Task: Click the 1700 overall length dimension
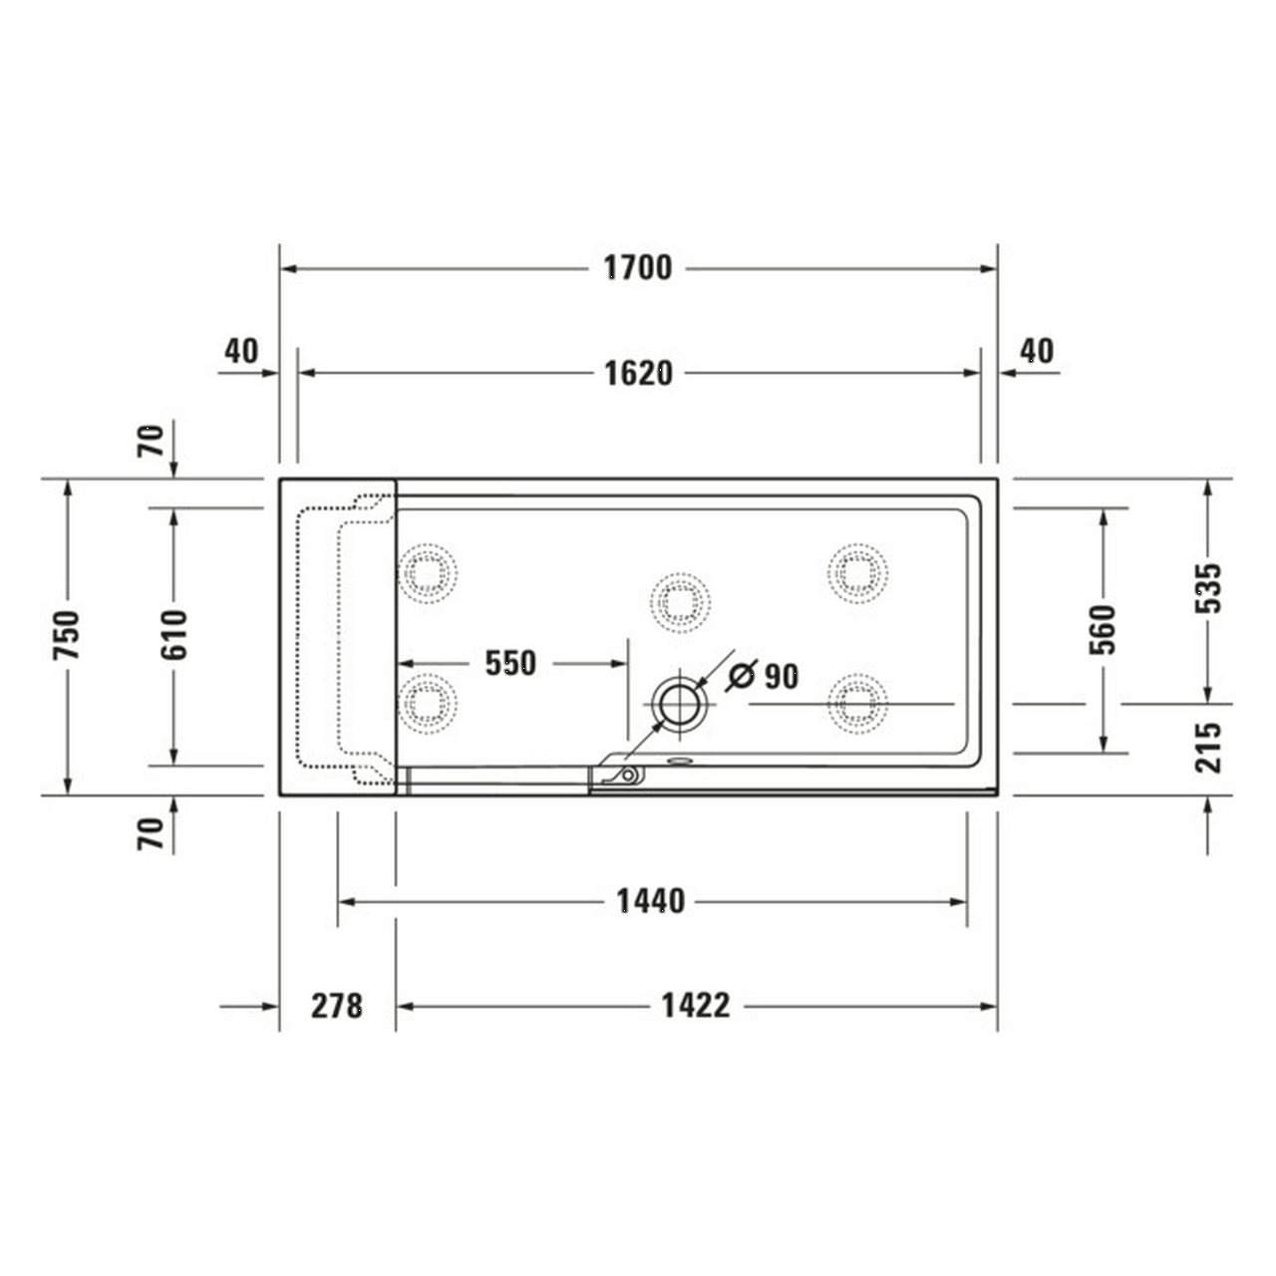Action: (638, 268)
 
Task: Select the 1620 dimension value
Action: (638, 373)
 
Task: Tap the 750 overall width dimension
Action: (67, 635)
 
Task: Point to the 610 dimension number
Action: (173, 635)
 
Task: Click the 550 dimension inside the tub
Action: (510, 663)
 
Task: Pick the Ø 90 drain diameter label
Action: (764, 676)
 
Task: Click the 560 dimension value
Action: (1103, 629)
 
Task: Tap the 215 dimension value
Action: (1208, 748)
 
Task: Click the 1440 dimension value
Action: (650, 901)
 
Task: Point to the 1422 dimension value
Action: (696, 1005)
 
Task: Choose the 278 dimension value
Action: (337, 1005)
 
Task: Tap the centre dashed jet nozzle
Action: (681, 602)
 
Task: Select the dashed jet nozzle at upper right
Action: (857, 573)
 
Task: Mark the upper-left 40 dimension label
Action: (241, 351)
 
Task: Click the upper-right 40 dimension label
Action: (1037, 351)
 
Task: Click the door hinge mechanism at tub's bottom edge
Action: (623, 775)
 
